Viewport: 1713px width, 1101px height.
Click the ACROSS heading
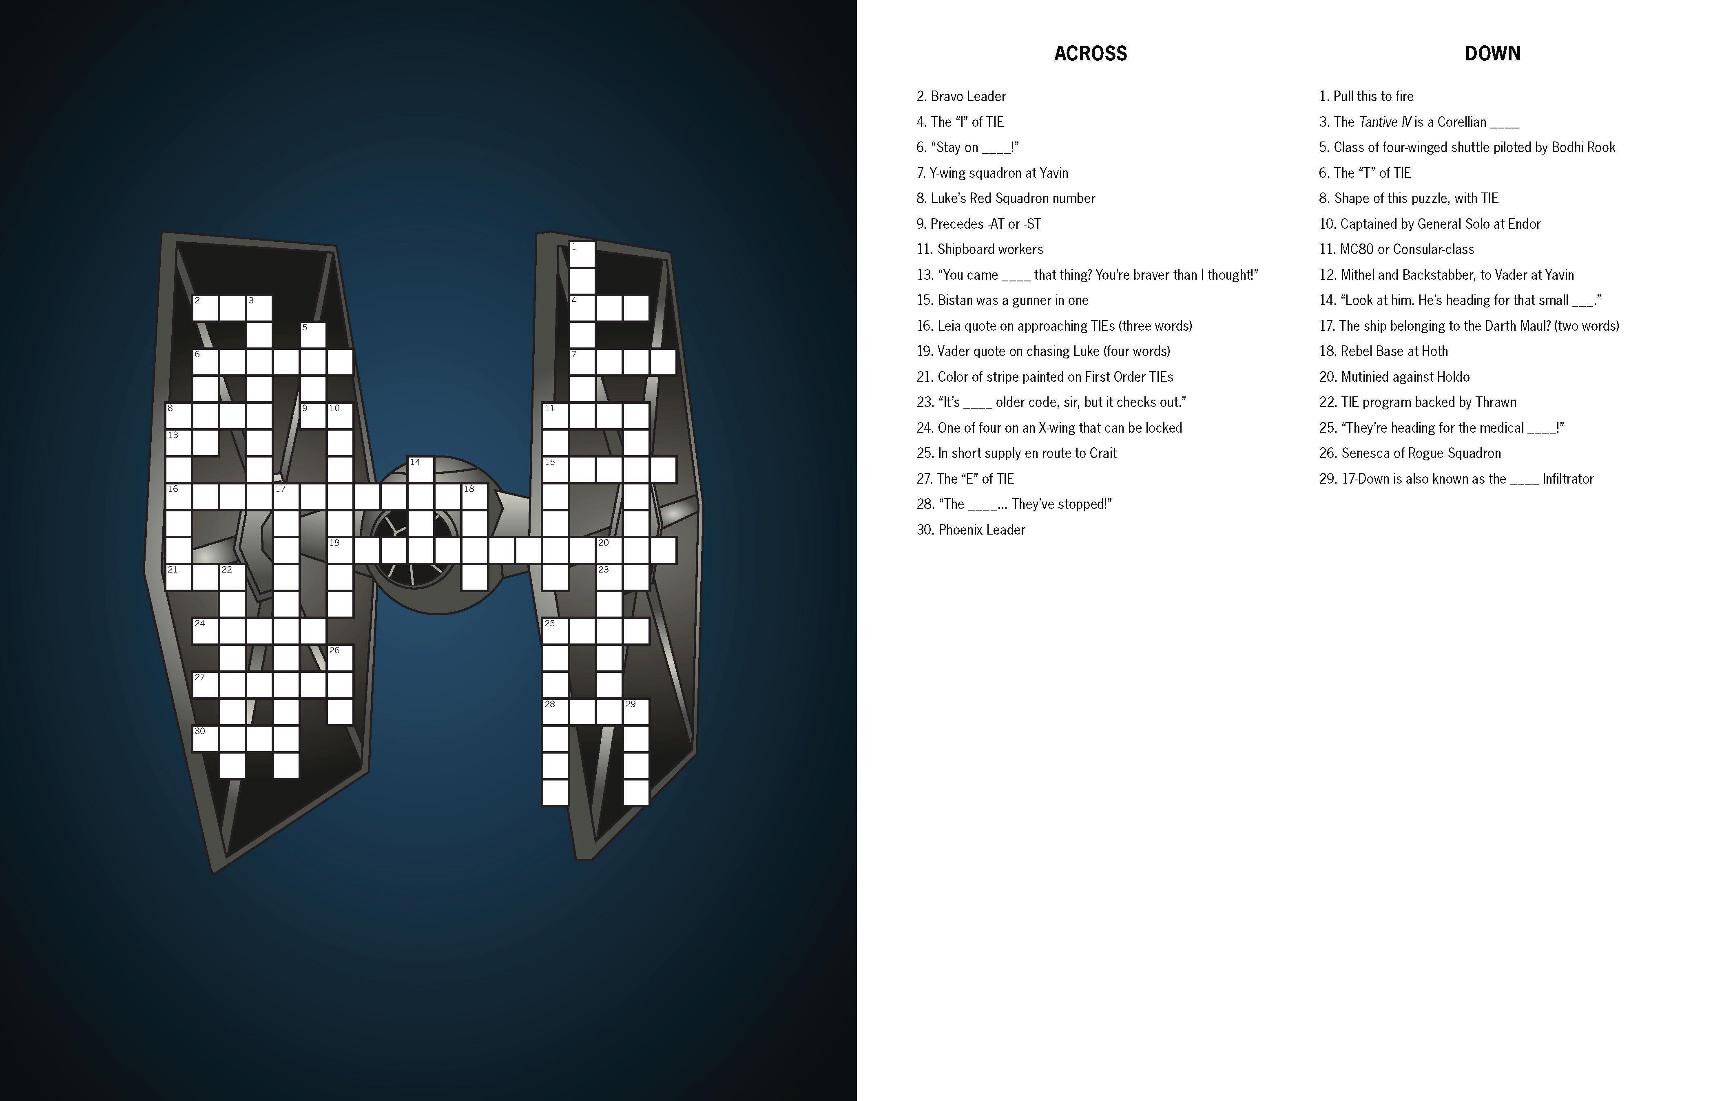click(x=1090, y=53)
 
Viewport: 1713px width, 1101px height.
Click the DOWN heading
click(x=1492, y=53)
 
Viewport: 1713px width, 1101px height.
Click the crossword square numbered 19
click(x=340, y=550)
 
